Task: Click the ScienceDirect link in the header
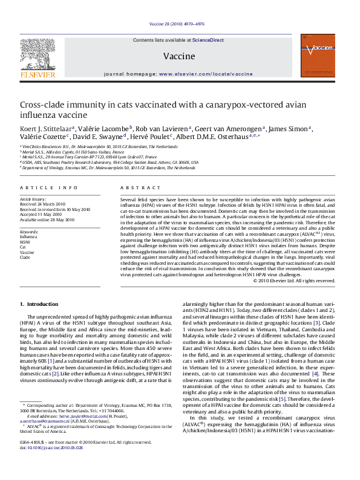coord(208,40)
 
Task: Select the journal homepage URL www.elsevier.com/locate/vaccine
coord(206,73)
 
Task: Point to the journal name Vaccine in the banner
coord(179,56)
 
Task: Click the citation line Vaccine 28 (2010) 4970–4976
coord(179,25)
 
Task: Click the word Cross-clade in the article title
coord(42,104)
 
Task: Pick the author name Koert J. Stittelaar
coord(46,128)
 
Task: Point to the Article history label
coord(33,199)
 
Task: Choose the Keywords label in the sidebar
coord(30,232)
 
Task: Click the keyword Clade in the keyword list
coord(25,257)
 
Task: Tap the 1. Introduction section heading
coord(39,304)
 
